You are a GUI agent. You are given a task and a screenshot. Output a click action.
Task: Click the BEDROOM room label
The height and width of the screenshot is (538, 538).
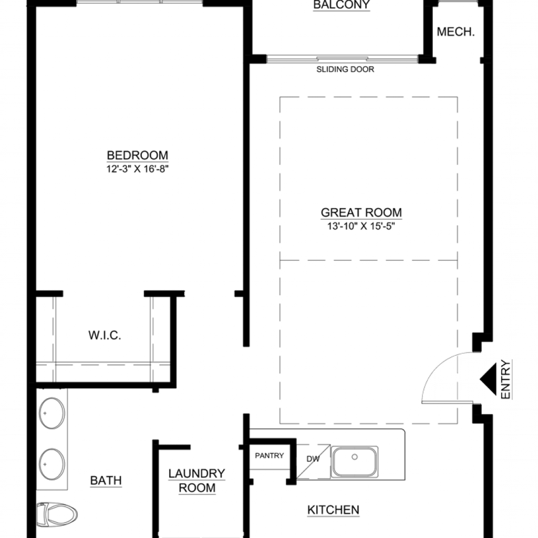click(138, 156)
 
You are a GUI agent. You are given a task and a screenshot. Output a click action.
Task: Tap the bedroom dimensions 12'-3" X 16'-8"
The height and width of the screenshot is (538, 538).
click(138, 169)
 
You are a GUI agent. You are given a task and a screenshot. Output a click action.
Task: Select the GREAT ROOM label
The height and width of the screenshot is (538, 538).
click(361, 213)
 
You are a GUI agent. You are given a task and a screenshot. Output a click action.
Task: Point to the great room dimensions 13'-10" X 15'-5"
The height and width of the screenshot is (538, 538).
click(361, 226)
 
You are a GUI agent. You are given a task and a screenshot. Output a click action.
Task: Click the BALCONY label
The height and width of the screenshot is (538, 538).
click(342, 5)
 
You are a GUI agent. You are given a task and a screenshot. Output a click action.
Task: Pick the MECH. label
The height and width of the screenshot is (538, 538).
click(456, 32)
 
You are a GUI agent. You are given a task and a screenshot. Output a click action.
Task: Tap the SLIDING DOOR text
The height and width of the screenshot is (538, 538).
click(345, 69)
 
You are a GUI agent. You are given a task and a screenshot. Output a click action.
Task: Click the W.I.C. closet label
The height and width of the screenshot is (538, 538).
click(105, 335)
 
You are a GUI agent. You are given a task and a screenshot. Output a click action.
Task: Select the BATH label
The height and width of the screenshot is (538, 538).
click(106, 480)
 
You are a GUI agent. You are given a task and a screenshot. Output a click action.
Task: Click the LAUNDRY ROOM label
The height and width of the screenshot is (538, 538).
click(197, 480)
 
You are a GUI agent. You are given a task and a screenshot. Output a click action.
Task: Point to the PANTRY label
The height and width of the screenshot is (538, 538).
click(270, 456)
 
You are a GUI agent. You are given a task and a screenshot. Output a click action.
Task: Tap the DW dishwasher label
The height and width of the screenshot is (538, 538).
click(313, 459)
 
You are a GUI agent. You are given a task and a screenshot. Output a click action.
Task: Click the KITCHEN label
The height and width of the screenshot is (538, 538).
click(334, 510)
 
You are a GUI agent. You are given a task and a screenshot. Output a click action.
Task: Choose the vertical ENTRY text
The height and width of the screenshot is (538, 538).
click(506, 379)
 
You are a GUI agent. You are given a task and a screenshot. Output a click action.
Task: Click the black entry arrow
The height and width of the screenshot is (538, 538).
click(488, 379)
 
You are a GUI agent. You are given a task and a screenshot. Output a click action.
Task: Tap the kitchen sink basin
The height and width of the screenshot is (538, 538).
click(355, 462)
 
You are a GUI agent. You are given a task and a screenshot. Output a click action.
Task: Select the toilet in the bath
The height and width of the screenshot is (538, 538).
click(57, 514)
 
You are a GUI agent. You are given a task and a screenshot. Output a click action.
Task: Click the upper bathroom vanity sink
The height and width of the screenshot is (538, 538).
click(51, 413)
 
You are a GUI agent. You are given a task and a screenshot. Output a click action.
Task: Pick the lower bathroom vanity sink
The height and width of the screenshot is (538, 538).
click(51, 464)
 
